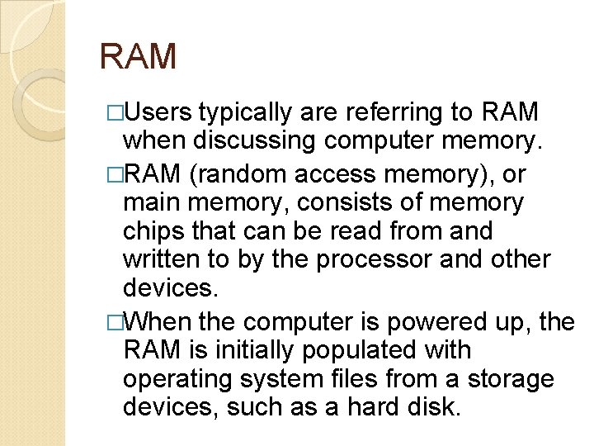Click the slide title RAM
[138, 56]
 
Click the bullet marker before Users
[115, 112]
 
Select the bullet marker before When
[115, 320]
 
